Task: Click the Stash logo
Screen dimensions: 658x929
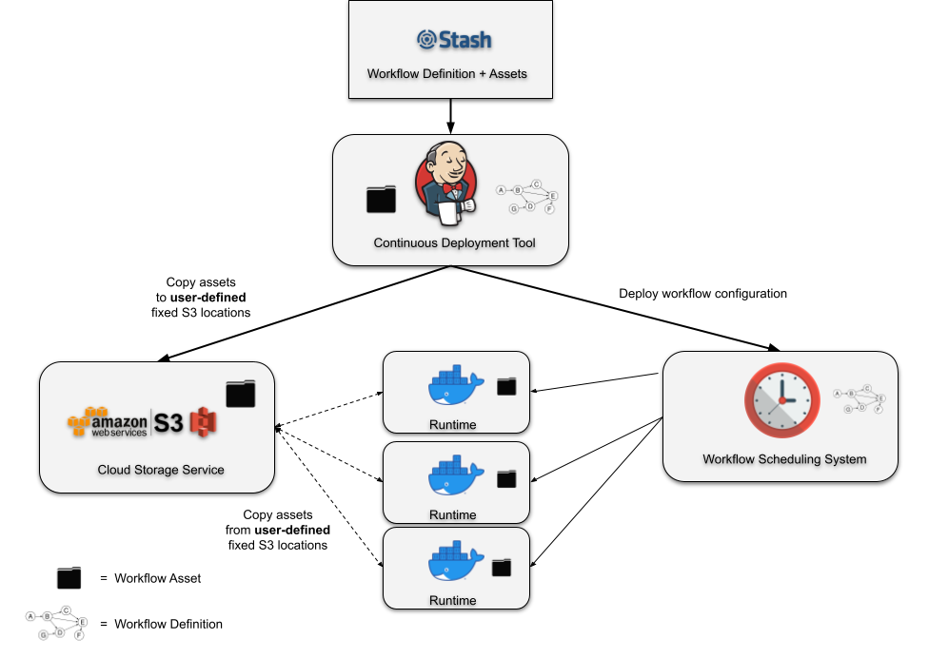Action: (454, 40)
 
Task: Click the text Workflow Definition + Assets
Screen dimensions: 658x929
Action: (446, 73)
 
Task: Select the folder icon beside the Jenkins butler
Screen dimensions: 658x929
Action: (381, 199)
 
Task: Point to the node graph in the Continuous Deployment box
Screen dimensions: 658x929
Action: (527, 197)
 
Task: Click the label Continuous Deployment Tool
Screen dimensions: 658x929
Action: (454, 242)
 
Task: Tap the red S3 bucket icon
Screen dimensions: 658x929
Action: (203, 422)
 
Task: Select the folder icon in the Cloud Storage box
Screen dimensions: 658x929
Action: (240, 394)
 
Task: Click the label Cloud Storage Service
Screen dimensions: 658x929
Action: (161, 470)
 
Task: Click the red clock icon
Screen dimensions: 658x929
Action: (781, 400)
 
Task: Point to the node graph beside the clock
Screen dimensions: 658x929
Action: (860, 399)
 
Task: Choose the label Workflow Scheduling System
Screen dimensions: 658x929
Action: (784, 459)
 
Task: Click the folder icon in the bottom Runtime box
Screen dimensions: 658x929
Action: (501, 568)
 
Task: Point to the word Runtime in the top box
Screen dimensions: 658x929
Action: (452, 425)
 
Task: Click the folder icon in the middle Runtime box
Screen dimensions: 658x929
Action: (506, 478)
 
